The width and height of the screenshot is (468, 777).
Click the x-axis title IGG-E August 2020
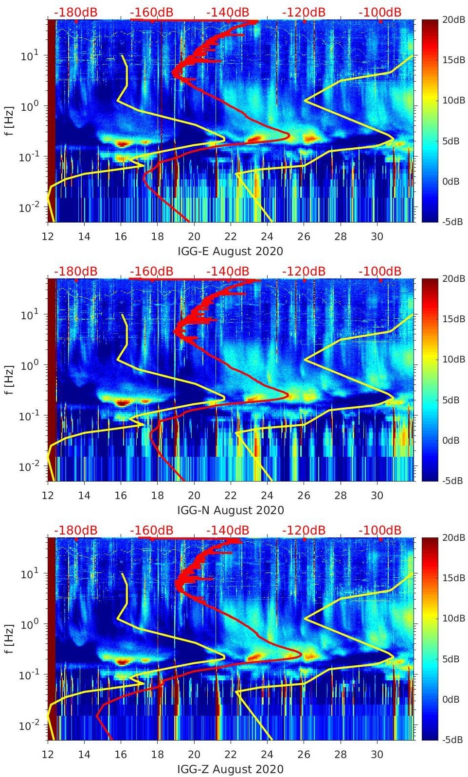tap(230, 251)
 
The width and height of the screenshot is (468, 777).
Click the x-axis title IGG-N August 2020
tap(230, 510)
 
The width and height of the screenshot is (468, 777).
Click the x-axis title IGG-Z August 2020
tap(230, 769)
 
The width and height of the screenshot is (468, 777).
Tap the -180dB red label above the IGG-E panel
tap(75, 12)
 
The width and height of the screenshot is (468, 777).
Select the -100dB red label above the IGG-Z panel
tap(380, 530)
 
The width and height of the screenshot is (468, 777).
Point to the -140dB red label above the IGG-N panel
tap(228, 271)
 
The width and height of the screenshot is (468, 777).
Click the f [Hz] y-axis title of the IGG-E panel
tap(9, 121)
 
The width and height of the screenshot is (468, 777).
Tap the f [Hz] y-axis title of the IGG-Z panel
tap(9, 639)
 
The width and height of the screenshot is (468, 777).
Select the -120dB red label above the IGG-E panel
tap(304, 12)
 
